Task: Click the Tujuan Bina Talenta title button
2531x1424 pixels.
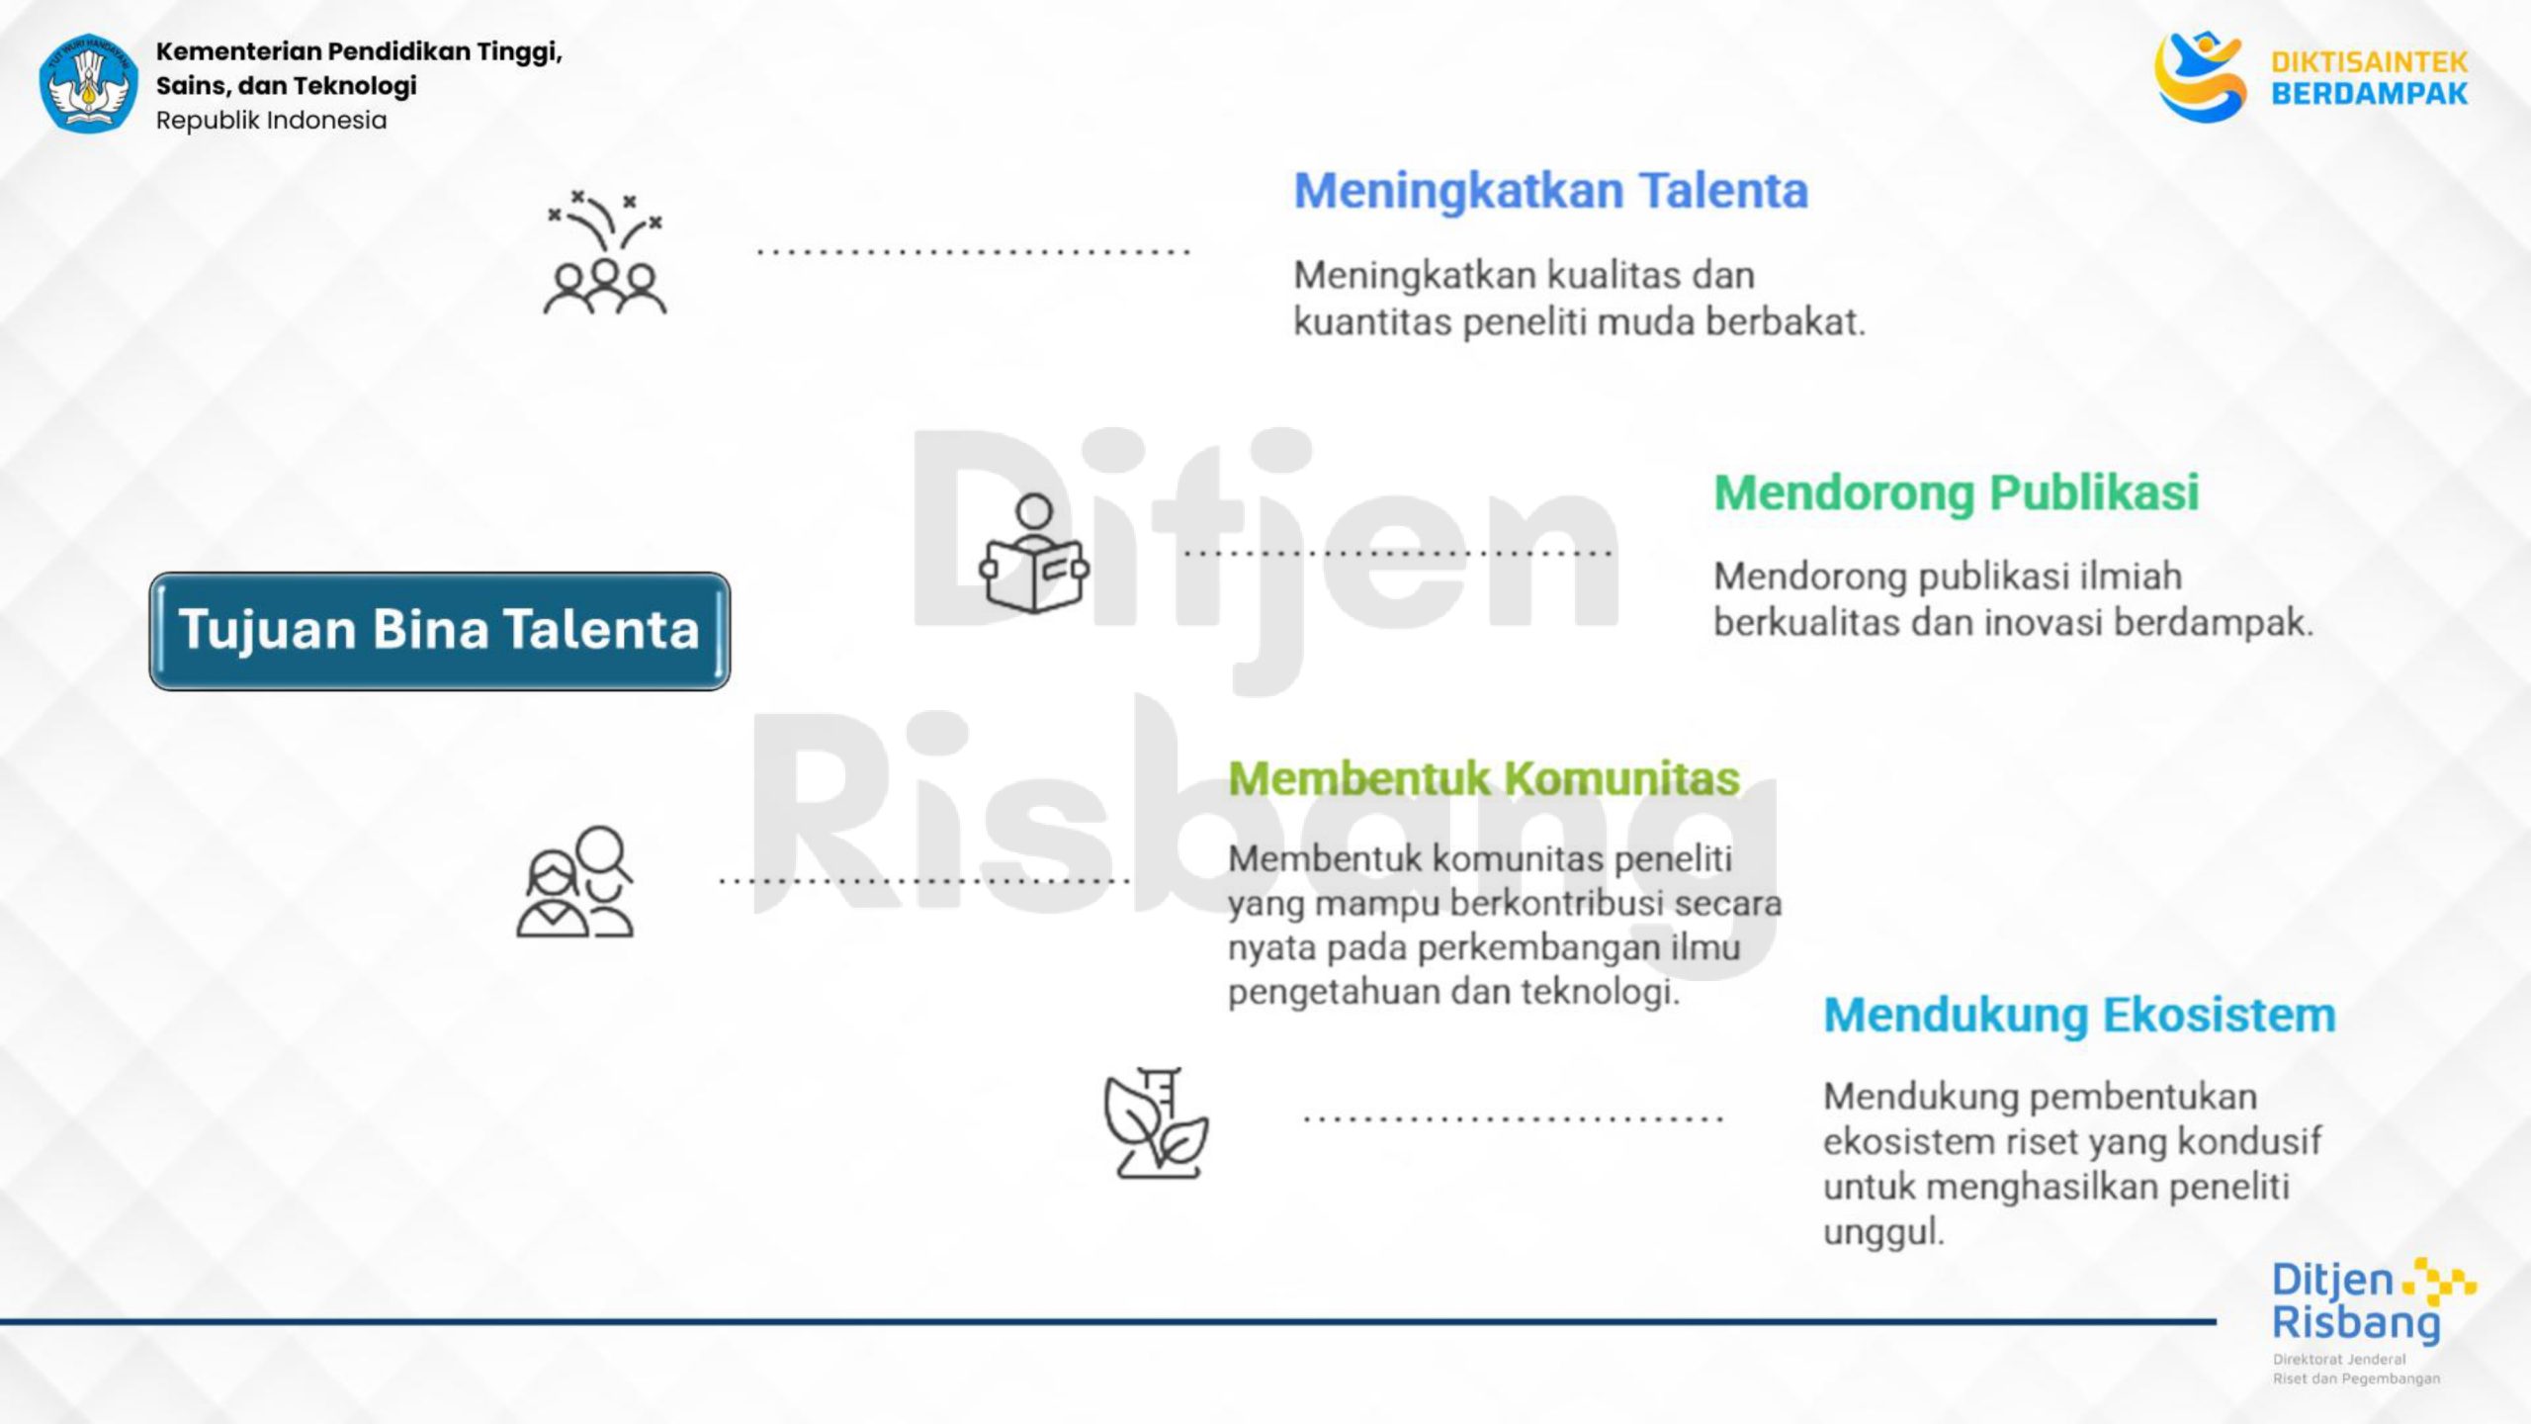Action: point(440,630)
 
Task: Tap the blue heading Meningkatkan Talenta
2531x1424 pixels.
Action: point(1551,191)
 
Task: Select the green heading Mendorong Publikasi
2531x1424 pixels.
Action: point(1957,492)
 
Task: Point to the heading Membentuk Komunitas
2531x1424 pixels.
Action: point(1484,778)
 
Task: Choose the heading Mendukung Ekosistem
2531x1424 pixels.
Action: point(2079,1015)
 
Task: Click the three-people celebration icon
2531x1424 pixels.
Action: point(605,253)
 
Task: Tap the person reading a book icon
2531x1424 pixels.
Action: point(1034,554)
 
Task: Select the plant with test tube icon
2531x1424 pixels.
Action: point(1156,1122)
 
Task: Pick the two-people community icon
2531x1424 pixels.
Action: point(575,881)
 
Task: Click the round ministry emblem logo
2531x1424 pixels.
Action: point(88,83)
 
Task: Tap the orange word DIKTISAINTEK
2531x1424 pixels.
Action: point(2369,63)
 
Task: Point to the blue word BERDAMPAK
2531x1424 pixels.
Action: point(2369,94)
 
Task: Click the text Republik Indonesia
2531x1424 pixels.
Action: point(271,121)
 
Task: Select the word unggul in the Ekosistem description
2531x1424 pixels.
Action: point(1883,1233)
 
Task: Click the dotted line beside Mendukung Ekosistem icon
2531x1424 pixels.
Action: point(1514,1119)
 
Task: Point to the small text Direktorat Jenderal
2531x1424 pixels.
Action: point(2339,1360)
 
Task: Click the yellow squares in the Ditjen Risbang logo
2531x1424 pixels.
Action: point(2439,1282)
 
